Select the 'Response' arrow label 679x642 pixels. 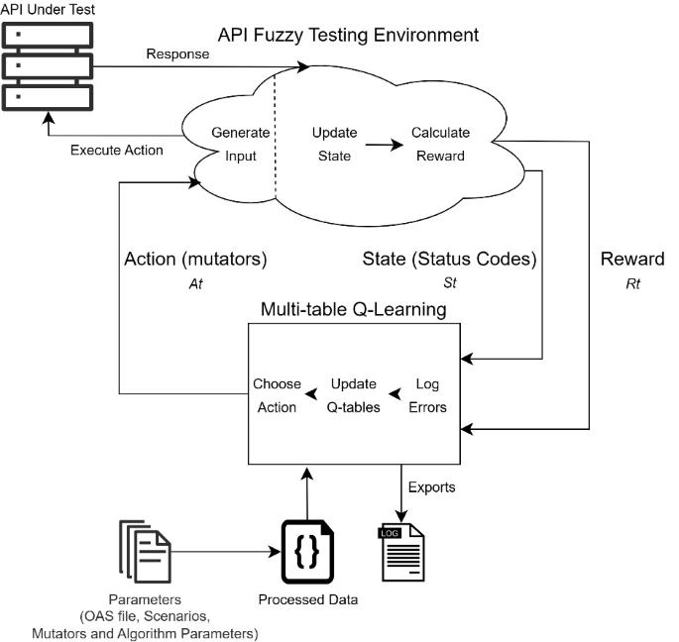(x=177, y=54)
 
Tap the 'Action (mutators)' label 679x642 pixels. (x=196, y=260)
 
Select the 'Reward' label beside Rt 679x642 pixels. (x=631, y=260)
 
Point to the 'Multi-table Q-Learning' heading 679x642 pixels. (x=352, y=310)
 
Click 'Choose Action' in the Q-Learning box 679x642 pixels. (x=277, y=395)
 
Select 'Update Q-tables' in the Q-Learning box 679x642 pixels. (x=354, y=395)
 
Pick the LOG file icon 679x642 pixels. (x=401, y=552)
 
